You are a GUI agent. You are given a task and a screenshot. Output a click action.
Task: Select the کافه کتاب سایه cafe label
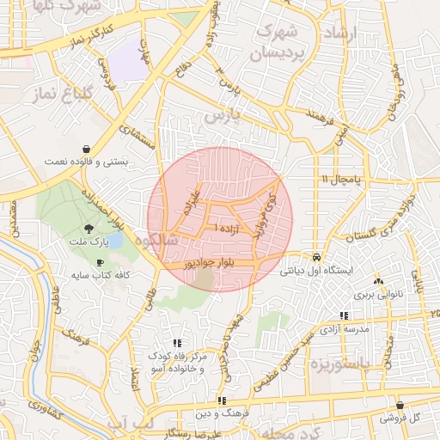(98, 275)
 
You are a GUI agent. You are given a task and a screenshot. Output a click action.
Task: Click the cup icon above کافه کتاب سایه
(101, 262)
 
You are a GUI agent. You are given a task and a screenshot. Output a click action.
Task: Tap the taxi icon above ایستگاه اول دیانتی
(317, 257)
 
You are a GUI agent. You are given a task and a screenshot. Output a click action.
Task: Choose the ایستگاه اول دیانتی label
(316, 270)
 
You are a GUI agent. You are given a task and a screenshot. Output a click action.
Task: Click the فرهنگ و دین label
(222, 413)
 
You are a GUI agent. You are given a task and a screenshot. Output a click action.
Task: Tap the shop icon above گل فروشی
(400, 406)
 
